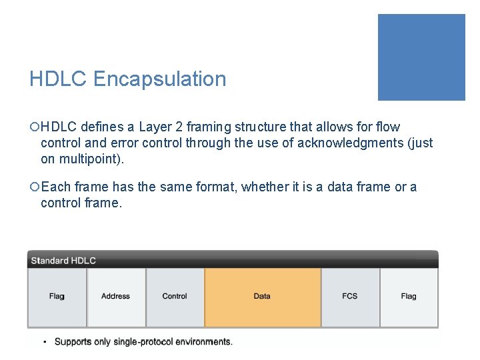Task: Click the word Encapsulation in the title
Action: pos(160,79)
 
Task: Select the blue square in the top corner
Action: pos(421,57)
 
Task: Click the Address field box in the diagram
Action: pos(115,297)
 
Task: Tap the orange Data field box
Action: pos(262,297)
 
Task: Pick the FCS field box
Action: pos(349,297)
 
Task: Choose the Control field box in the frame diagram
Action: pos(175,297)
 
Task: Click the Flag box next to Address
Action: pos(57,297)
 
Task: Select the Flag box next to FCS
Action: pos(409,297)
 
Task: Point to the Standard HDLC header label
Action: pos(63,261)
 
